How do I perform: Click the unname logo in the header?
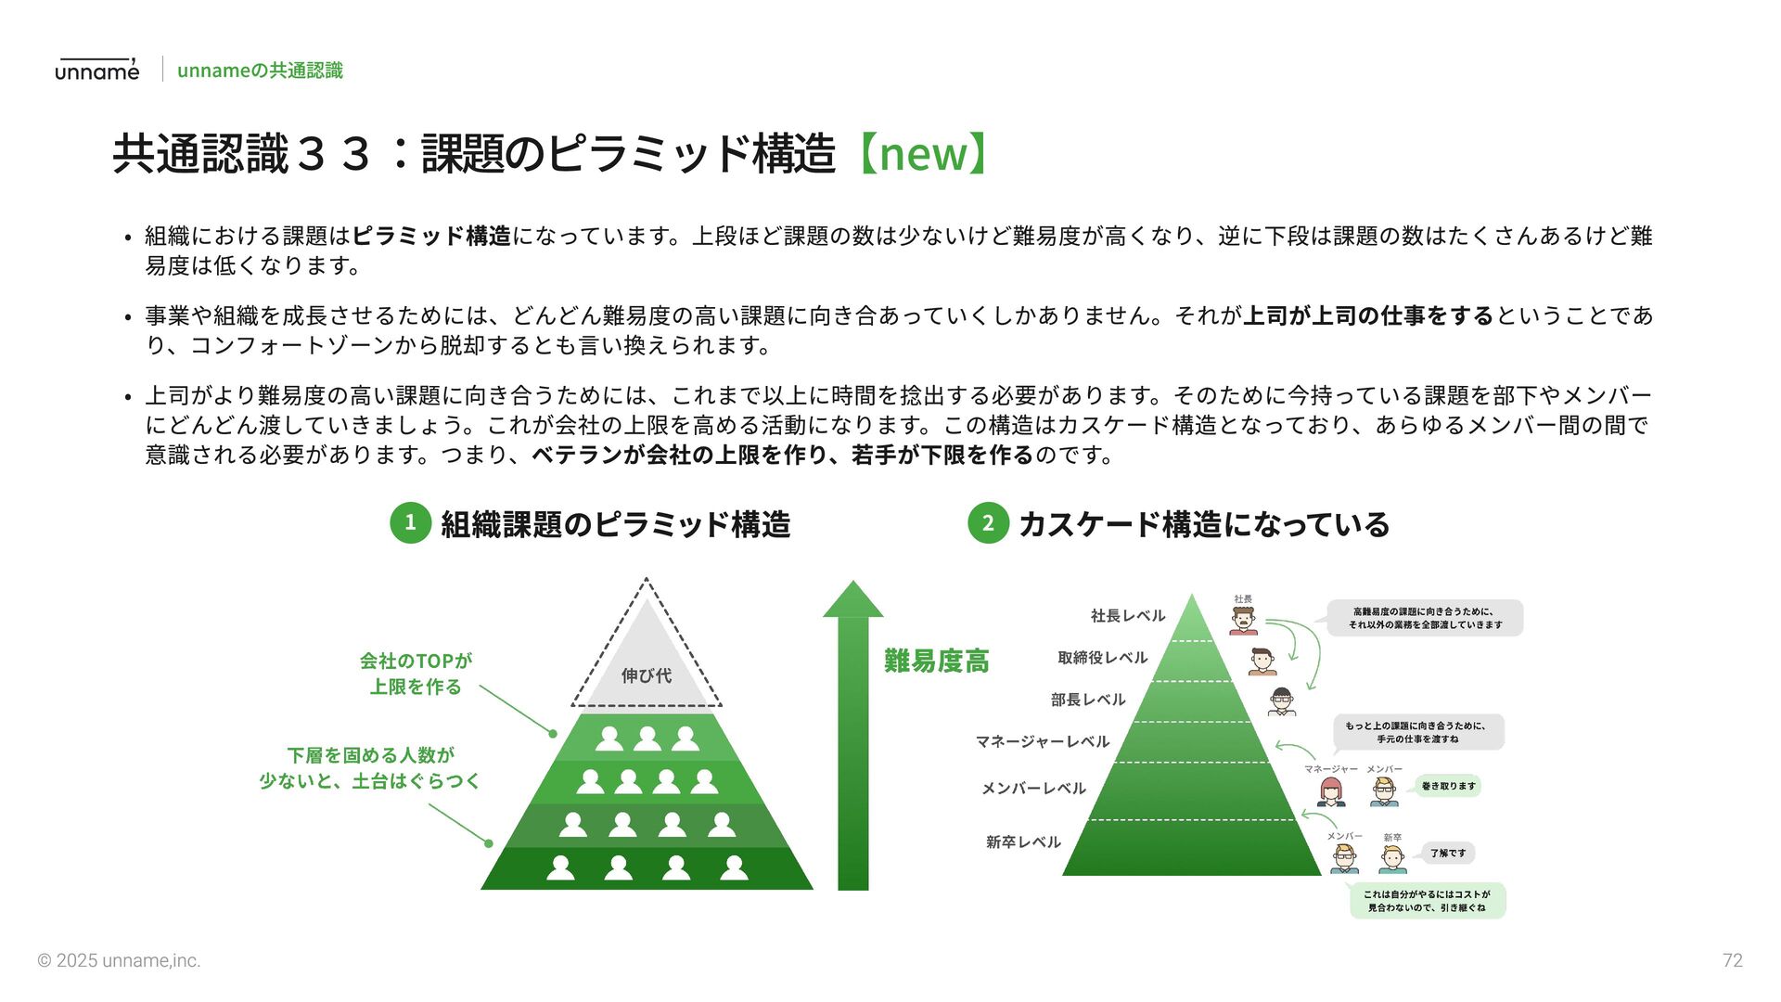pos(96,70)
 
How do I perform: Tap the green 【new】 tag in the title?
pos(922,153)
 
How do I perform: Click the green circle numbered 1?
pos(410,523)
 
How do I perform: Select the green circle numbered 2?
pos(988,523)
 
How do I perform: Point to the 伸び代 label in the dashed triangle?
pos(647,675)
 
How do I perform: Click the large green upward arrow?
pos(853,742)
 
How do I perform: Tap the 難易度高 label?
pos(936,662)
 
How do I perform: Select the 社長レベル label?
pos(1127,616)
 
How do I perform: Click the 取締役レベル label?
pos(1102,658)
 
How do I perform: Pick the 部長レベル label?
pos(1087,700)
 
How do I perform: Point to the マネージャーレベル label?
pos(1042,741)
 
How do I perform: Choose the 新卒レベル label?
pos(1022,842)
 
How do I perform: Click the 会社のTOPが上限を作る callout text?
pos(416,674)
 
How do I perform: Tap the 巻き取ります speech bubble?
pos(1448,787)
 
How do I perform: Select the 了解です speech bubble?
pos(1448,854)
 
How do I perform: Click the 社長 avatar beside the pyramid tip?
pos(1243,620)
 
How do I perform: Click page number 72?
pos(1732,961)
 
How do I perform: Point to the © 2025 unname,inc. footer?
pos(119,961)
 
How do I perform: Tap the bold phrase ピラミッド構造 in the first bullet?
pos(431,237)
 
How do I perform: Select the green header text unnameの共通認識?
pos(260,71)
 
